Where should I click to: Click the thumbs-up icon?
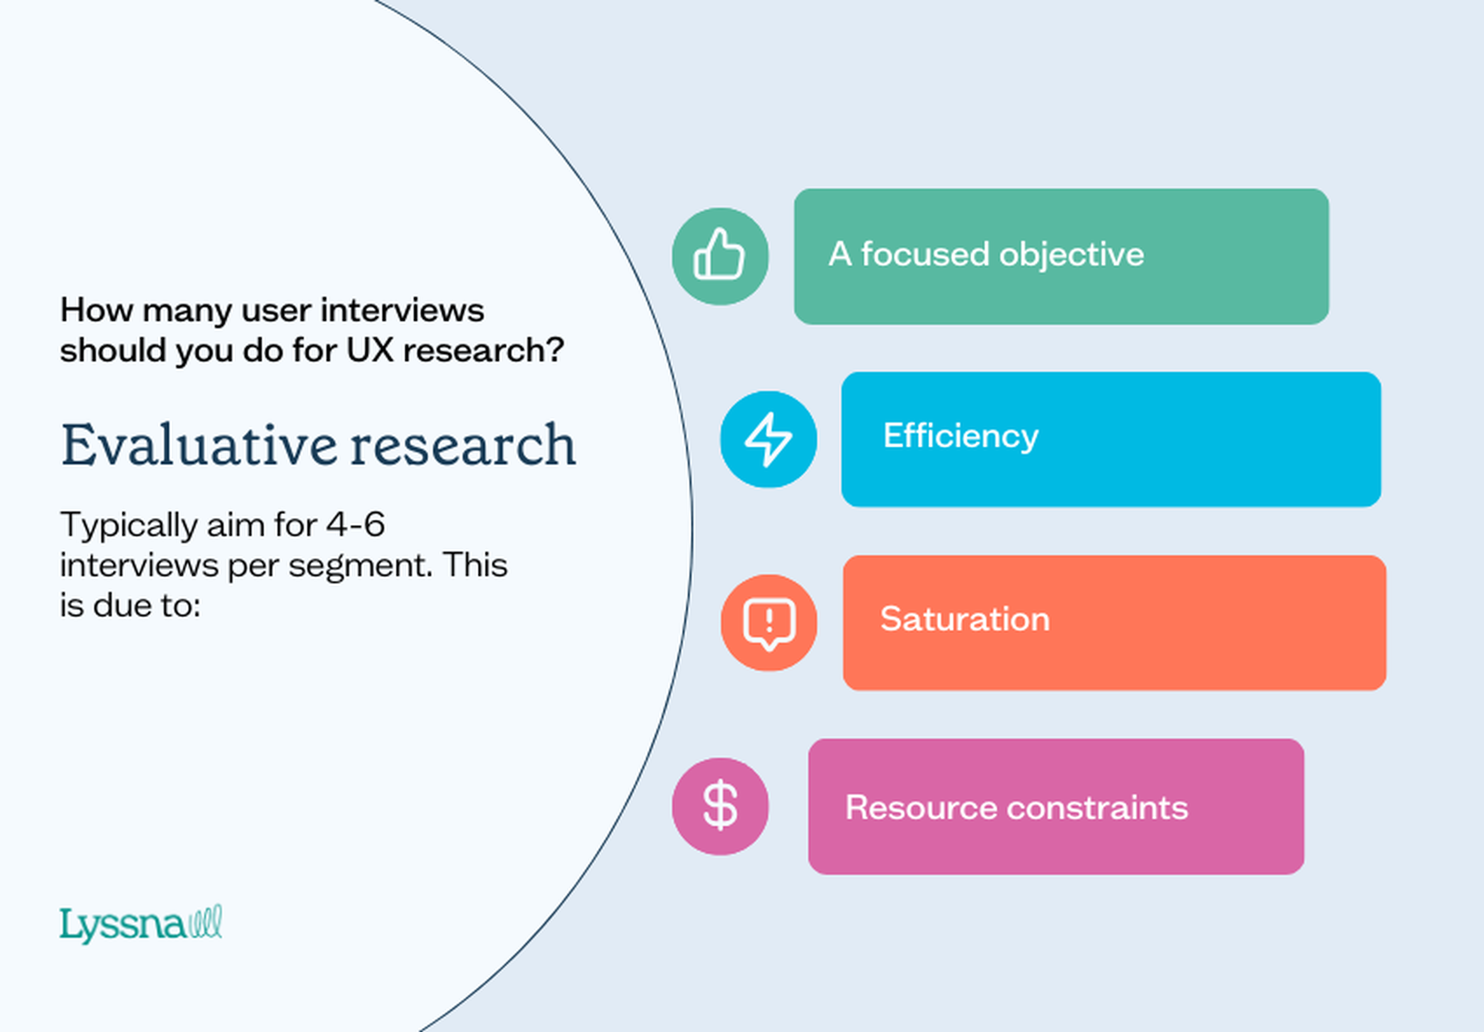pos(719,256)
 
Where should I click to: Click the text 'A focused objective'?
pos(986,254)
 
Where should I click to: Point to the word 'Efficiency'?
pos(960,436)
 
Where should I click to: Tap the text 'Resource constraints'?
pos(1016,807)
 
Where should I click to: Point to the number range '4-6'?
pos(356,525)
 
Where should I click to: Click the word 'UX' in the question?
pos(370,351)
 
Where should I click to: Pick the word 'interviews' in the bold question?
pos(402,310)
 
